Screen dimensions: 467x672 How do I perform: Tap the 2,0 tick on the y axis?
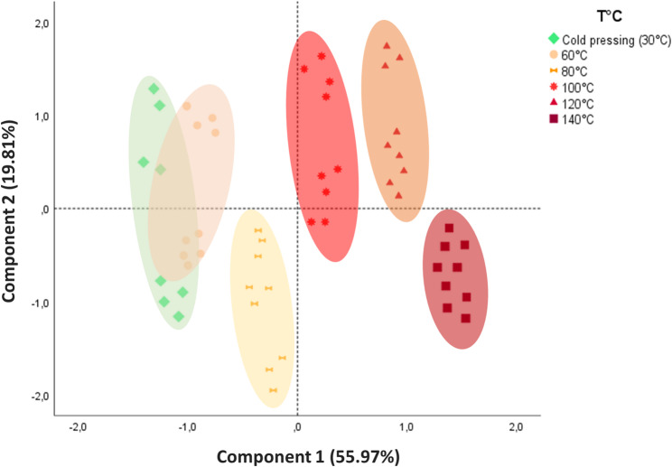pyautogui.click(x=37, y=23)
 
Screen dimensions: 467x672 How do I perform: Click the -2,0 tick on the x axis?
pyautogui.click(x=79, y=427)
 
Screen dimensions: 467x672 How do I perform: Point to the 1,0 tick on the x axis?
pyautogui.click(x=406, y=427)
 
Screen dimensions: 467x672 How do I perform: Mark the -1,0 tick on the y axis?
pyautogui.click(x=37, y=303)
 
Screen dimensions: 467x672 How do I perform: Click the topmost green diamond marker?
pyautogui.click(x=154, y=89)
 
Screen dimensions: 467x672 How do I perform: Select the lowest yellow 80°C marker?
pyautogui.click(x=273, y=390)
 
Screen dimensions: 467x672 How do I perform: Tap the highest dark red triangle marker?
pyautogui.click(x=387, y=45)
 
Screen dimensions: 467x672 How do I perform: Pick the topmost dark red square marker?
pyautogui.click(x=449, y=228)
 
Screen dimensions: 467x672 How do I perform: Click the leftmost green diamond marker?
pyautogui.click(x=143, y=162)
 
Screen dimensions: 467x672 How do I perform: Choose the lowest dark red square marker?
pyautogui.click(x=466, y=318)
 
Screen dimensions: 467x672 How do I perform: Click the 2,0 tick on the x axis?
pyautogui.click(x=516, y=427)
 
